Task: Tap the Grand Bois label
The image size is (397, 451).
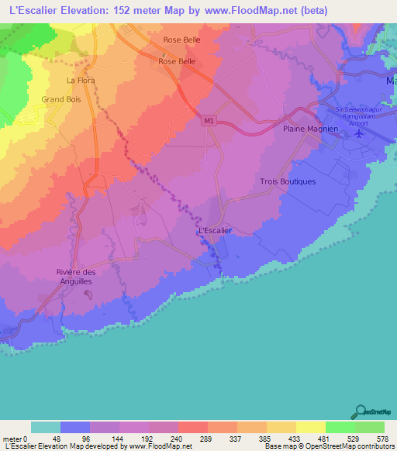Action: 62,99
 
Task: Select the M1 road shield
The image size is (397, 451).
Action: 209,121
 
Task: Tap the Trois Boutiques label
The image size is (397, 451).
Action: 286,181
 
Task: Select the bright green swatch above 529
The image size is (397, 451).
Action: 340,427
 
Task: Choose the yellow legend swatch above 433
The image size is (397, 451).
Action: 281,427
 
